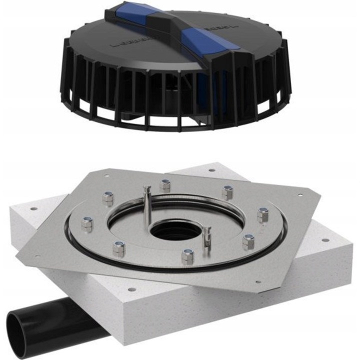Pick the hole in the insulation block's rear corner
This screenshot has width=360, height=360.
(213, 170)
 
